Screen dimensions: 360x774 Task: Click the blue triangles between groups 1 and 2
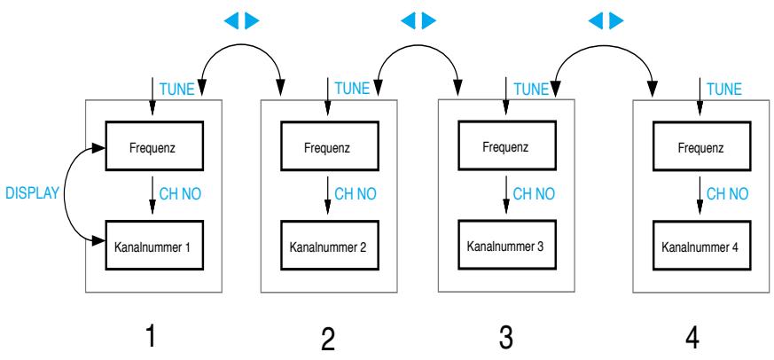point(240,19)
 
